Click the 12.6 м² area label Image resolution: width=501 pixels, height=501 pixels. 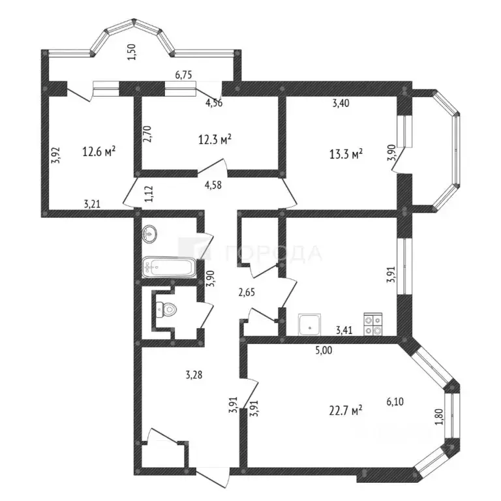pos(99,151)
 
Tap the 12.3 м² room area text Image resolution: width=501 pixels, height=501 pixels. pos(215,140)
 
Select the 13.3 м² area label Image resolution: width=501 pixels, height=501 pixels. pos(346,154)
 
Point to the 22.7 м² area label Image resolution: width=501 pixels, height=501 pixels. pos(346,410)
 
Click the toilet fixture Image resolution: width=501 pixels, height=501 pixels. pos(166,310)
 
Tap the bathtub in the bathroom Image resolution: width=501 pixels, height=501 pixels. pos(169,267)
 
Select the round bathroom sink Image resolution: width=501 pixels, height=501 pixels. pos(149,234)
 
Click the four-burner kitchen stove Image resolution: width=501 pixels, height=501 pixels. pos(373,324)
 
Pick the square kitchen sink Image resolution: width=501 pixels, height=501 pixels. pos(309,325)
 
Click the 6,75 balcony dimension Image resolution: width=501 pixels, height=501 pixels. pos(183,75)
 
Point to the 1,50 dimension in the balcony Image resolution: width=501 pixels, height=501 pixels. pos(133,52)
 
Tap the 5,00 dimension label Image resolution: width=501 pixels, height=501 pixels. pos(324,350)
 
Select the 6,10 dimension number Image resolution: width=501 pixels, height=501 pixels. pos(395,401)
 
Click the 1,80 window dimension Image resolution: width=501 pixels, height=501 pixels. pos(439,417)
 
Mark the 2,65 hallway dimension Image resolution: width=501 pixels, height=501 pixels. pos(247,292)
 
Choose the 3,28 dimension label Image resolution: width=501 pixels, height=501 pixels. pos(194,374)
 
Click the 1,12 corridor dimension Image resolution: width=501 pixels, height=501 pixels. pos(149,194)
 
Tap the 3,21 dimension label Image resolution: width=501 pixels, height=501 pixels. pos(92,204)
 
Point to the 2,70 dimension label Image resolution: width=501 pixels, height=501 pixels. pos(148,134)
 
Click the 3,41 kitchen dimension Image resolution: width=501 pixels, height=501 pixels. pos(344,329)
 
